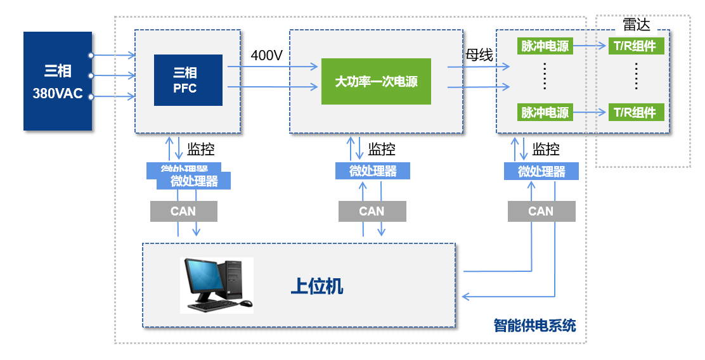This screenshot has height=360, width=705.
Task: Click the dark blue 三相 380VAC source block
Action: pos(58,81)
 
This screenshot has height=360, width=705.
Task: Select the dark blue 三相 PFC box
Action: pos(188,80)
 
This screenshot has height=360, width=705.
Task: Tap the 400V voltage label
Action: pos(266,55)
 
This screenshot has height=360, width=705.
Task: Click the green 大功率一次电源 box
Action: pos(376,81)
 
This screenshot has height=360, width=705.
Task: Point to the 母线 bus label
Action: pos(479,55)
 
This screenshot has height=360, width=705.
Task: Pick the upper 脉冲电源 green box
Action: pos(545,46)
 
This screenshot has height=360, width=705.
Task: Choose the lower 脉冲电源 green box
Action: pos(545,112)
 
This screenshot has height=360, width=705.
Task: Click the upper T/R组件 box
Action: pos(637,46)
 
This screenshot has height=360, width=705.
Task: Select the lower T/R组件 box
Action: pos(637,112)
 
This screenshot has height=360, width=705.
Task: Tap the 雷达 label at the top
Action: pos(637,24)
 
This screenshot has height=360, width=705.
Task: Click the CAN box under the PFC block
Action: pos(183,211)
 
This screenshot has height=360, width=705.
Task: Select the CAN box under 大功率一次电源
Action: pos(372,211)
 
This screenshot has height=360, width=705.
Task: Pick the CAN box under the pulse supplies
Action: pos(541,211)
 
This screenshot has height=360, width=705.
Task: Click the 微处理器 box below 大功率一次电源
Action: pos(373,170)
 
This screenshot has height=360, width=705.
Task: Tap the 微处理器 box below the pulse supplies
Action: pos(541,171)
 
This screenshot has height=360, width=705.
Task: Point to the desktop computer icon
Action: pos(216,285)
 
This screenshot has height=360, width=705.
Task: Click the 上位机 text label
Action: pos(317,286)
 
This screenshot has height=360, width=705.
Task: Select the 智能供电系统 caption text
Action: pos(534,326)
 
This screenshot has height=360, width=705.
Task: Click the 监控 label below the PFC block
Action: pos(201,150)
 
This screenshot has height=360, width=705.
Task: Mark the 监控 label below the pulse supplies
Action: pos(546,150)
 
